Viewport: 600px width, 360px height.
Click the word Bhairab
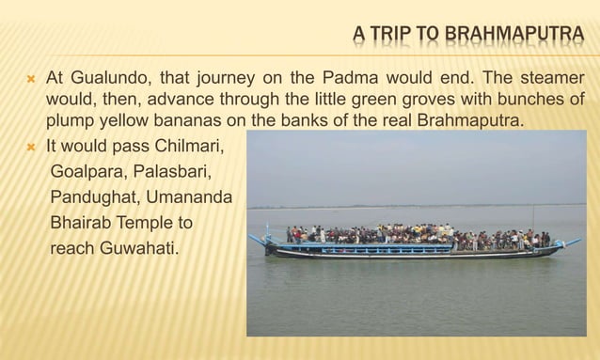(81, 224)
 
